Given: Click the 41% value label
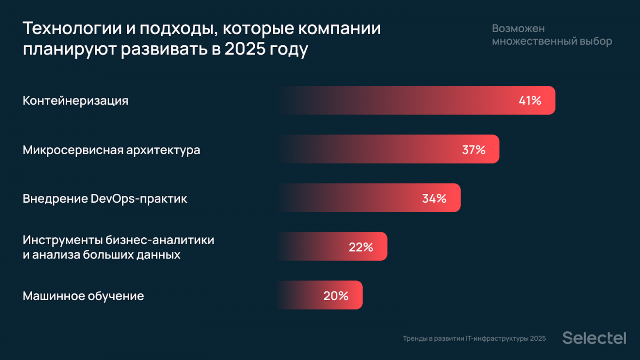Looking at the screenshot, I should pos(530,101).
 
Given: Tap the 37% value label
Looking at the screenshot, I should pos(473,150).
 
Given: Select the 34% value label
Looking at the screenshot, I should pos(434,199).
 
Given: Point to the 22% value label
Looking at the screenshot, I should pos(361,247).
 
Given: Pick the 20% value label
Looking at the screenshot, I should pos(336,296).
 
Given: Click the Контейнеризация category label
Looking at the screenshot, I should pos(75,101).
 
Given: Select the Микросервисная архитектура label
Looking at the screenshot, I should pos(111,150).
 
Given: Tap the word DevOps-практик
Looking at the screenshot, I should pos(139,199).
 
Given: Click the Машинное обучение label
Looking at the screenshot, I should pos(83,296).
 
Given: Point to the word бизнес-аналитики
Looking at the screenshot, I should pos(160,240).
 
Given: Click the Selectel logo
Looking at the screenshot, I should pos(594,338).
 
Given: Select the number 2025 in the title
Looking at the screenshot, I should pos(245,49).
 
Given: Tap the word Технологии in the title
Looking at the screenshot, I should pos(72,28).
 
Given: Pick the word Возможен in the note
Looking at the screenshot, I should pos(518,28).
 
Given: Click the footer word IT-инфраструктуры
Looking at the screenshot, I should pos(497,339).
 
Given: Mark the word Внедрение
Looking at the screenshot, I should pos(55,199).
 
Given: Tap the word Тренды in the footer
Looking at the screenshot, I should pos(415,339).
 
